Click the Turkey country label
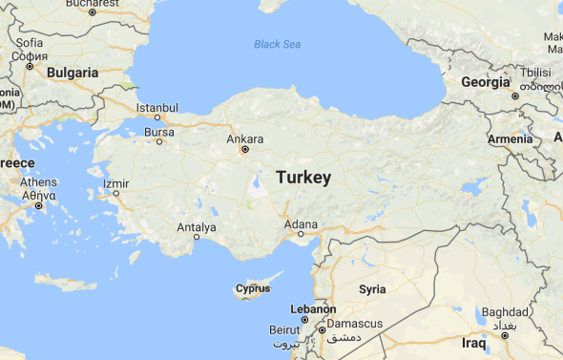point(303,178)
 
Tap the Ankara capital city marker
point(245,149)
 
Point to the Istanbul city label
point(157,107)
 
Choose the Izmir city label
point(115,182)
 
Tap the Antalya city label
point(197,227)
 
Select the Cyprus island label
point(253,288)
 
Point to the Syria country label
point(372,288)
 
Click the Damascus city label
point(354,324)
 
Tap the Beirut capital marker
point(305,320)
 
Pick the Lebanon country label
point(314,309)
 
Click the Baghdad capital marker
point(504,335)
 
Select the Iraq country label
point(474,343)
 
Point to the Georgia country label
point(485,82)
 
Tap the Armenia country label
point(511,139)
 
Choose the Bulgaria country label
point(73,73)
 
